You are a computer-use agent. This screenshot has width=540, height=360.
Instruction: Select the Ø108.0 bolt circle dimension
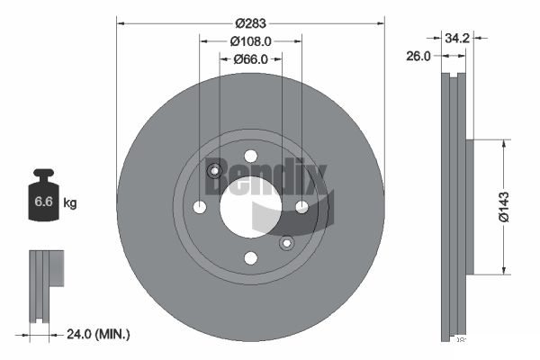(x=251, y=41)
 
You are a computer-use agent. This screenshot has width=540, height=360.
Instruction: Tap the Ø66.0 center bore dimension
(x=251, y=59)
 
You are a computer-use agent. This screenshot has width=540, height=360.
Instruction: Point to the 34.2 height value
(x=458, y=38)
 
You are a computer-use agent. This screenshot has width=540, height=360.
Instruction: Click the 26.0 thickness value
(x=418, y=56)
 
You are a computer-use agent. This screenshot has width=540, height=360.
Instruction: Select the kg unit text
(x=70, y=203)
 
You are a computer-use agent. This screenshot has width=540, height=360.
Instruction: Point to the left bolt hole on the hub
(x=200, y=208)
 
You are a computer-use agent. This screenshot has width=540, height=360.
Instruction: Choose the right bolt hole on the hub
(x=302, y=208)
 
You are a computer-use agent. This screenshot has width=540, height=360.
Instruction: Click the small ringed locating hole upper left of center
(x=215, y=172)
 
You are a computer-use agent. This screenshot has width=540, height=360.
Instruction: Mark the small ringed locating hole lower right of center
(x=286, y=243)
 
